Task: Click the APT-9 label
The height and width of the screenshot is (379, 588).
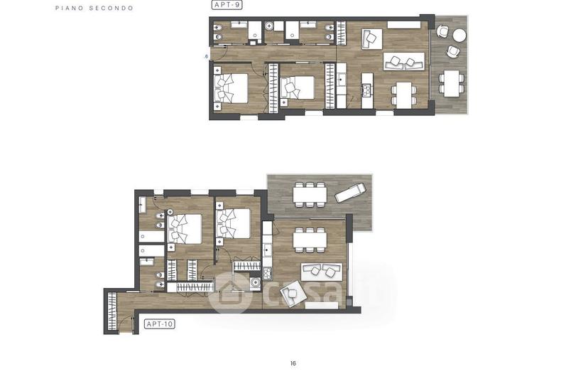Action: pos(227,5)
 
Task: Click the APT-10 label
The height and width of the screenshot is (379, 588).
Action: pos(160,324)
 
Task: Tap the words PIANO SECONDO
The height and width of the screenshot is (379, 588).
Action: pos(94,8)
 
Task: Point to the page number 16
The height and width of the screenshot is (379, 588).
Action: pos(293,363)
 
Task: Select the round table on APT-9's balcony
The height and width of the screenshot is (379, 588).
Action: pos(459,36)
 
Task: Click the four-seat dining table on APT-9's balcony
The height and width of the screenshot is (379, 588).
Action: pos(452,83)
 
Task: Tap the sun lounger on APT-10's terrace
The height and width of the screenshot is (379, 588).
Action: pos(349,192)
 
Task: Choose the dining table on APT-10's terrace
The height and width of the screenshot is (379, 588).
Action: pos(310,195)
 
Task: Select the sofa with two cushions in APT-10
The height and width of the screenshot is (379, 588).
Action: pos(322,272)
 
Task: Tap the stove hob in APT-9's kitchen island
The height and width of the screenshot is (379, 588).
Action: pos(366,90)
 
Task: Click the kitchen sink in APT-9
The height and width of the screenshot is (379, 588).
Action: pos(342,79)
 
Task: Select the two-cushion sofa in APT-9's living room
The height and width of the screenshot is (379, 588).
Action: pos(404,61)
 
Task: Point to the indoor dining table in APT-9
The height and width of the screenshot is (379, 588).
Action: pos(404,94)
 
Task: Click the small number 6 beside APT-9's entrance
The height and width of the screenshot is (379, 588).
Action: pos(207,57)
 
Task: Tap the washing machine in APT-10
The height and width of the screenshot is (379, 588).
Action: pos(255,283)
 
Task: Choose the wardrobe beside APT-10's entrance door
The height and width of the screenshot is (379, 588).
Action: pos(112,311)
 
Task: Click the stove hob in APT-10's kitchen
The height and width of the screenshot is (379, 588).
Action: pos(268,273)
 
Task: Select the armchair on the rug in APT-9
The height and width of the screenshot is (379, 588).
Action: pos(371,39)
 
